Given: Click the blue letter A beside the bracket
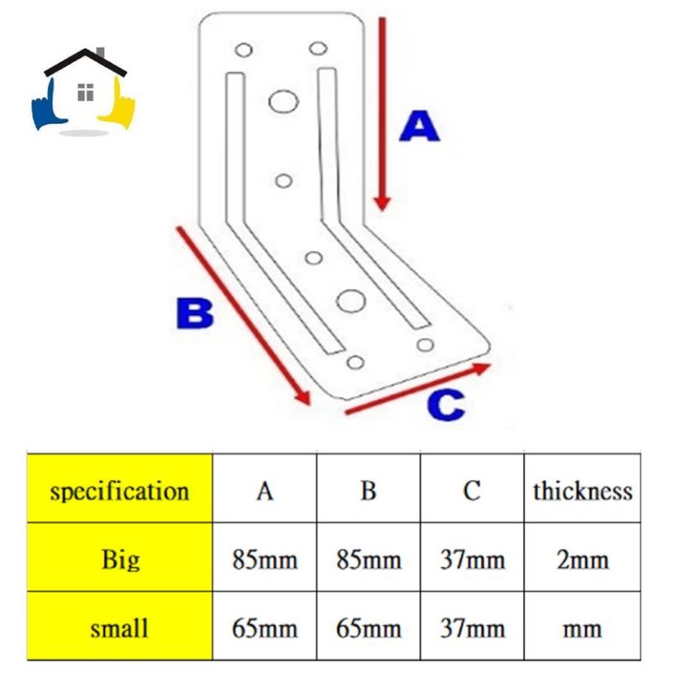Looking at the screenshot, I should point(419,127).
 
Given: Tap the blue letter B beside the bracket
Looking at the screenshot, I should point(194,313).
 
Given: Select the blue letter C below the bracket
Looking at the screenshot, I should point(445,405).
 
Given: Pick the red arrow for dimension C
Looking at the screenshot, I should point(418,389).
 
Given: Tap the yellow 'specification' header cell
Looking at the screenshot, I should point(120,490).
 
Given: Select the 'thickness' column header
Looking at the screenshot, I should point(582,490).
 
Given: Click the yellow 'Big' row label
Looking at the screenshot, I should point(120,560).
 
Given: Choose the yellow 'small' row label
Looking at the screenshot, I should point(120,627).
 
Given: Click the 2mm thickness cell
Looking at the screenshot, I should point(582,560).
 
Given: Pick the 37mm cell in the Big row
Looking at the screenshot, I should point(472,560).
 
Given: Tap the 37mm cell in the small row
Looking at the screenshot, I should point(472,627).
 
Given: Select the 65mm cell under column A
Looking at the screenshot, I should point(264,627).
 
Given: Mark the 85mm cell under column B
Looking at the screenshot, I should point(369,560).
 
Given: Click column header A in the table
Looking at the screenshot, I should point(264,490).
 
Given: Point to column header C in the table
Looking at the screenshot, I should point(472,490).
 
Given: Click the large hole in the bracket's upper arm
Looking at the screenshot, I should point(283,102).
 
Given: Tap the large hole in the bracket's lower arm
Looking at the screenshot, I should point(351,301).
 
